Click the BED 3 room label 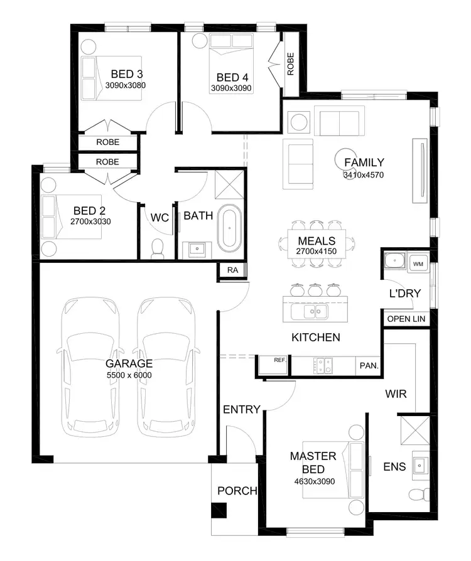point(126,73)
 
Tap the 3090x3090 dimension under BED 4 point(231,88)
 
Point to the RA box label point(232,270)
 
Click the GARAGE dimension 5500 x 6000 point(129,375)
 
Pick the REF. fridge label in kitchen point(280,360)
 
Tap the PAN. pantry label point(367,365)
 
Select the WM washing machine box point(418,264)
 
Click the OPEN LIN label point(406,319)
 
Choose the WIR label point(396,394)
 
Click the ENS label point(394,466)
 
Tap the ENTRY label point(241,410)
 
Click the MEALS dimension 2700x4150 point(317,252)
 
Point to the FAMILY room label point(364,163)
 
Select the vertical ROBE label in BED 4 point(290,64)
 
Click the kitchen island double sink point(311,311)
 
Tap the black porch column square point(218,511)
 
